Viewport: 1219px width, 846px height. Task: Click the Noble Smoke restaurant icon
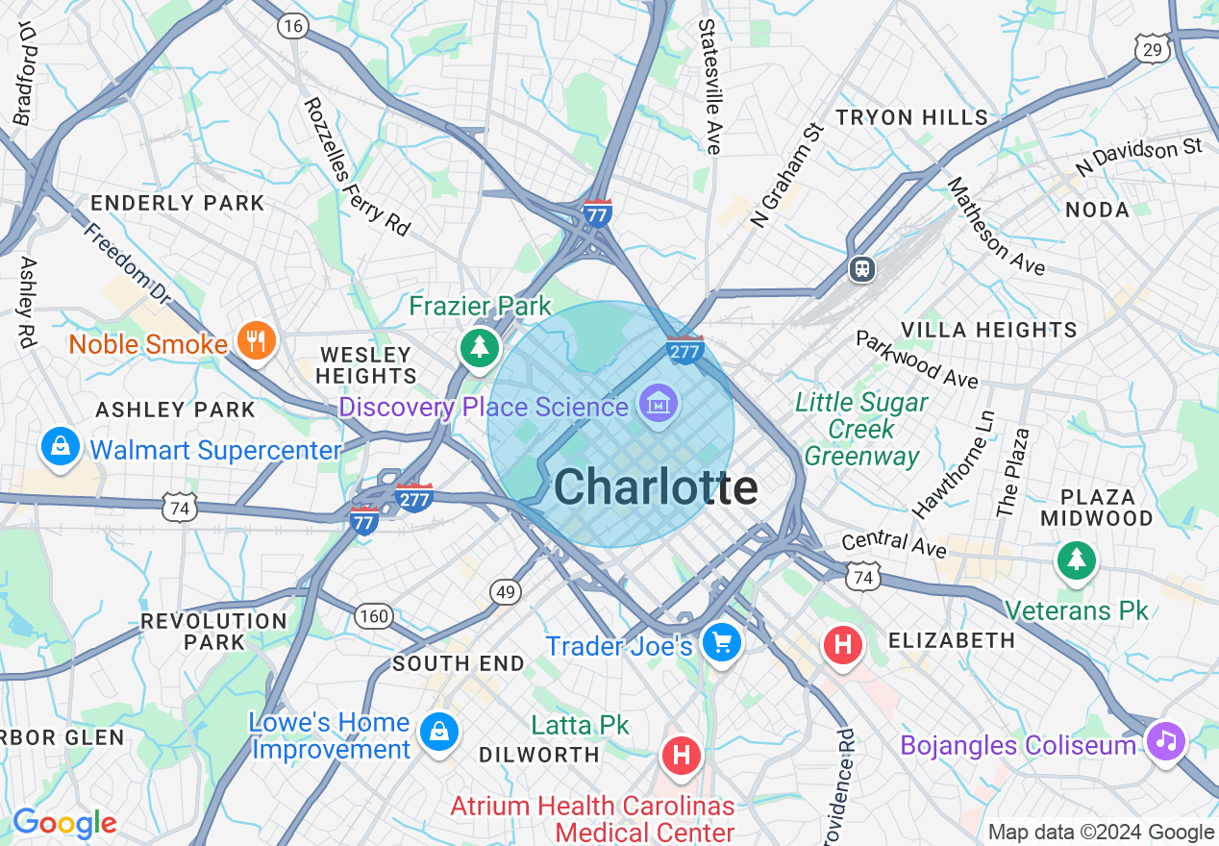[256, 341]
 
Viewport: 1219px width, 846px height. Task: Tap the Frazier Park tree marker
[479, 346]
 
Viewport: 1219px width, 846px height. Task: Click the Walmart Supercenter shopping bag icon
[61, 447]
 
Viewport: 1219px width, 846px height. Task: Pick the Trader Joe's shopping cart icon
[721, 642]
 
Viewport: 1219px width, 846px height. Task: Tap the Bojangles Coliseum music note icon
[1166, 740]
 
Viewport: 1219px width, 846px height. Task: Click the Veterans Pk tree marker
[1077, 560]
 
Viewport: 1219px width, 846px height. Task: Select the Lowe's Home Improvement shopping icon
[439, 733]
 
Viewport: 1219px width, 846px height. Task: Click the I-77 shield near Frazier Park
[597, 213]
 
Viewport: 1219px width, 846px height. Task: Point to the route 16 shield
[292, 26]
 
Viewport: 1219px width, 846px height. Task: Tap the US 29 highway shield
[1152, 49]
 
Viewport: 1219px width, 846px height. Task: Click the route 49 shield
[506, 592]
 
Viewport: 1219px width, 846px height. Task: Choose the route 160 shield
[374, 616]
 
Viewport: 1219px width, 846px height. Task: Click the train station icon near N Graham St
[862, 269]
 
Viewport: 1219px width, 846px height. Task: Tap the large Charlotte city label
[656, 488]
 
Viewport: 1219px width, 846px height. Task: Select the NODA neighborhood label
[1097, 210]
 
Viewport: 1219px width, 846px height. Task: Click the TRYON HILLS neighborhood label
[911, 118]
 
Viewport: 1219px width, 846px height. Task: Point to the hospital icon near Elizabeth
[843, 644]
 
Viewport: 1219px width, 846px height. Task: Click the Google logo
[64, 823]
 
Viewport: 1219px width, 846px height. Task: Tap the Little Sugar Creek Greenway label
[862, 429]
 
